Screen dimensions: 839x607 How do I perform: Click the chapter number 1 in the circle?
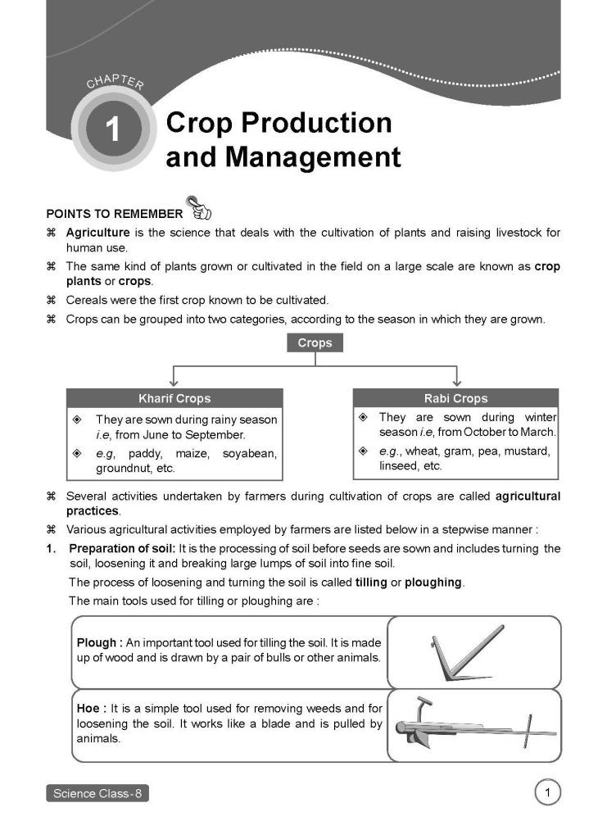[x=112, y=129]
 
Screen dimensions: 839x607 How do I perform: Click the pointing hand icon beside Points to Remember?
[x=199, y=209]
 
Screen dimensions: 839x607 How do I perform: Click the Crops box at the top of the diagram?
[x=315, y=343]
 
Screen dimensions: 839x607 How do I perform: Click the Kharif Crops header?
[x=174, y=398]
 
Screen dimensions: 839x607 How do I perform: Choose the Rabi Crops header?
[x=455, y=398]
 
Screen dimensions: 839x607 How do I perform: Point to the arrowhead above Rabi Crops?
[x=456, y=383]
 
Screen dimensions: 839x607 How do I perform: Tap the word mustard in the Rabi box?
[x=528, y=451]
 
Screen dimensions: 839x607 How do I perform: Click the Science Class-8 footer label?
[x=97, y=793]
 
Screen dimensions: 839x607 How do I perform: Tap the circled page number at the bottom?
[x=546, y=792]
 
